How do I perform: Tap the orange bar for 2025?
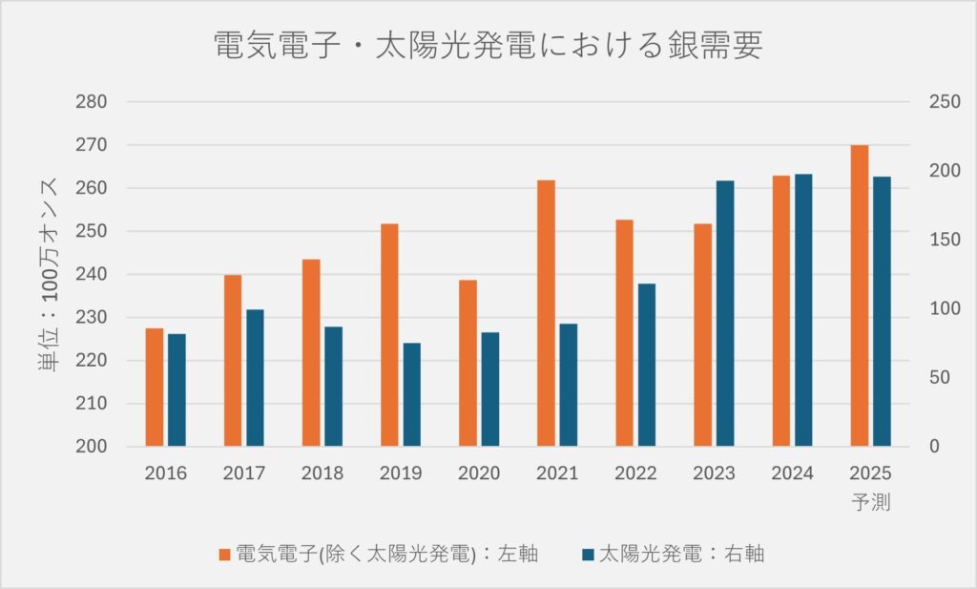(859, 295)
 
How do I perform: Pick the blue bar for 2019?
(411, 394)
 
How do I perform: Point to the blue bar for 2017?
(255, 377)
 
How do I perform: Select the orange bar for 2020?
(468, 363)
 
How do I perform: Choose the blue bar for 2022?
(647, 365)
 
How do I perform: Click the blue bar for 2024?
(803, 309)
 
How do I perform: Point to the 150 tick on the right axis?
(941, 240)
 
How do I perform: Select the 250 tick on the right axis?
(941, 102)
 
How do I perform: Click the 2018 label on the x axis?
(322, 473)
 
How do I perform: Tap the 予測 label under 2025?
(869, 501)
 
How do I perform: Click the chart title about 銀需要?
(488, 46)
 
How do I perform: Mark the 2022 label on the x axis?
(635, 473)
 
